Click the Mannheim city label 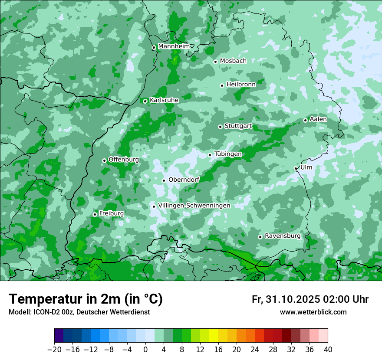[174, 46]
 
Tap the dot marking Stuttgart [220, 127]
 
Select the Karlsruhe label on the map [164, 100]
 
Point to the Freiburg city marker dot [95, 214]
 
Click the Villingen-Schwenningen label [194, 206]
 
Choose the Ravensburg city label [283, 236]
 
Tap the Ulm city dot [296, 168]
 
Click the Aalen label [318, 119]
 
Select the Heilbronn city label [241, 85]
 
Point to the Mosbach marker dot [215, 62]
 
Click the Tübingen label [228, 154]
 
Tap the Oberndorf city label [184, 180]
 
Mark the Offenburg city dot [104, 160]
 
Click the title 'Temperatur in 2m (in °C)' [86, 299]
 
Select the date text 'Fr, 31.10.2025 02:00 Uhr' [310, 299]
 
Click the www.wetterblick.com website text [313, 312]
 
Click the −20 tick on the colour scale [55, 350]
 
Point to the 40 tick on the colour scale [328, 350]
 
